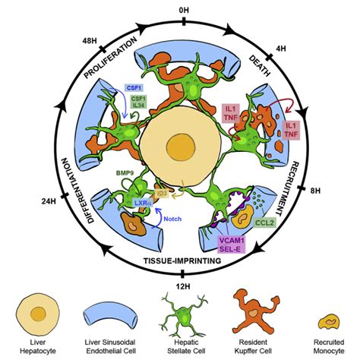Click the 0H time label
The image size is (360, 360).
(x=184, y=10)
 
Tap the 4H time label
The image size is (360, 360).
(x=281, y=49)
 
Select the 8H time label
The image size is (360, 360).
(x=315, y=191)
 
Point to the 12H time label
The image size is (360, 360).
(x=183, y=286)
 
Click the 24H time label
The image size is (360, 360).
(x=49, y=201)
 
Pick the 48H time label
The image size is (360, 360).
(x=90, y=41)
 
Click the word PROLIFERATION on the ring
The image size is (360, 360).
(x=110, y=58)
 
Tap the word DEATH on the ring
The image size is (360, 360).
(x=260, y=66)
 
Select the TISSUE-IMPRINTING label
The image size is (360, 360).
(x=182, y=261)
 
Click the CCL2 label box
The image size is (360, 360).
(x=265, y=223)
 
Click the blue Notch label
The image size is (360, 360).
(x=172, y=219)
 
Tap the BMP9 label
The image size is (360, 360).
(x=125, y=173)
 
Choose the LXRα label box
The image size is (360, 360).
(x=143, y=203)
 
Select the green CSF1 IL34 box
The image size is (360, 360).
(x=138, y=102)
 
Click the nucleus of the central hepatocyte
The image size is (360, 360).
(x=181, y=147)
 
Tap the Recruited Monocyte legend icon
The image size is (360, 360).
(x=329, y=323)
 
